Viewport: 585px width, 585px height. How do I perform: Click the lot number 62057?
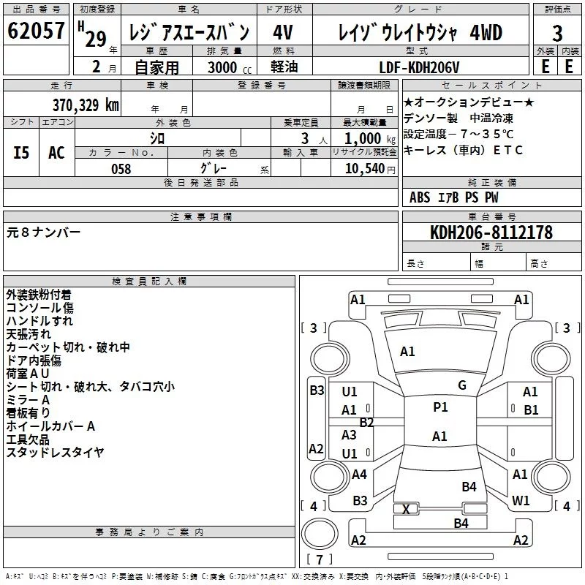[37, 32]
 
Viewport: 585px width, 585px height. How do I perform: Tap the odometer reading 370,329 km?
[85, 105]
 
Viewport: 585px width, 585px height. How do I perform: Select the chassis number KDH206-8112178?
[480, 233]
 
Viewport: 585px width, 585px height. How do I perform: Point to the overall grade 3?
[557, 33]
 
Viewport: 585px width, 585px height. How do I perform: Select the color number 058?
[121, 169]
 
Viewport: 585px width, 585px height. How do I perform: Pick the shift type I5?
[22, 153]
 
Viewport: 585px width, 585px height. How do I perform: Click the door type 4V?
[284, 32]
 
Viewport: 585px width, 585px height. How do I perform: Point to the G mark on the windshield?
[462, 385]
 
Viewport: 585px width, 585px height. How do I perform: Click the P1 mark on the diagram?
[440, 407]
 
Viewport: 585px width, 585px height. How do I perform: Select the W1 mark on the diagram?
[521, 500]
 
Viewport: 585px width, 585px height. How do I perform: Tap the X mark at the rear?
[406, 508]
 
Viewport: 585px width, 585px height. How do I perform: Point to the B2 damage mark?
[366, 422]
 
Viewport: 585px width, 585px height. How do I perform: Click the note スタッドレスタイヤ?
[55, 453]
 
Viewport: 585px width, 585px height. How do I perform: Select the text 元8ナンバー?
[44, 233]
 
